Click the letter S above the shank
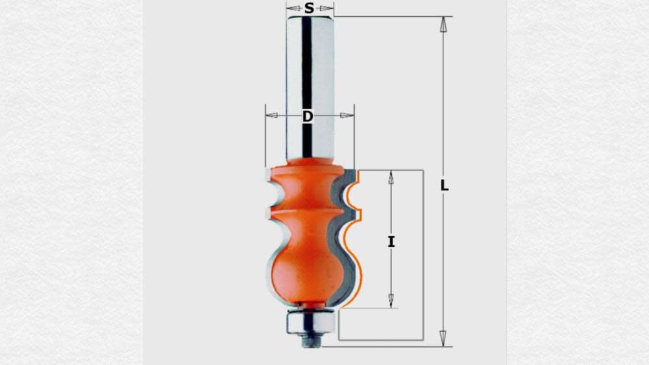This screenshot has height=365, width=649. (x=310, y=8)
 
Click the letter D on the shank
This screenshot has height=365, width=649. (x=308, y=117)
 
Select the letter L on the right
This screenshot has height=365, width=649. (x=445, y=185)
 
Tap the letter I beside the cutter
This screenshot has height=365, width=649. (x=391, y=242)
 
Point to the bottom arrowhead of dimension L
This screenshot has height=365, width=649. (x=443, y=338)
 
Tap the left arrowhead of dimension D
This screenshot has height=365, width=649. (x=272, y=116)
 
